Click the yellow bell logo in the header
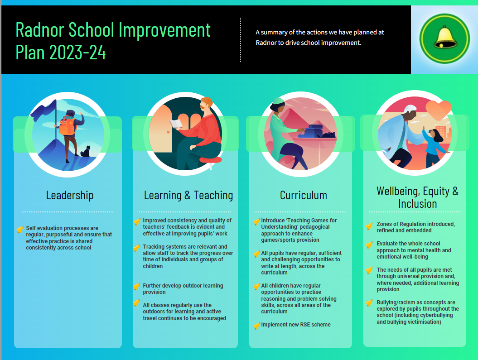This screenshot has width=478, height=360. coord(444,38)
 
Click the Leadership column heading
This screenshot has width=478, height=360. coord(70,195)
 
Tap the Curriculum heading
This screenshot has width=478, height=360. coord(303,195)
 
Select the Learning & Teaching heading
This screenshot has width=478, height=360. coord(188,195)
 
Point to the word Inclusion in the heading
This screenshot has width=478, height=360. coord(418,204)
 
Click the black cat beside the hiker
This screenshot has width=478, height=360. coord(86,151)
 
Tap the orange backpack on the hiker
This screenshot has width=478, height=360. coord(67,125)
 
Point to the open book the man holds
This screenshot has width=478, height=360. coord(176,124)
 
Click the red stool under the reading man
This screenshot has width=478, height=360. coord(211,160)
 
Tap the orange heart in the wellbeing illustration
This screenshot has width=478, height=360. coord(439,110)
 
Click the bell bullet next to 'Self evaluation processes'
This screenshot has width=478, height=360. coord(20,229)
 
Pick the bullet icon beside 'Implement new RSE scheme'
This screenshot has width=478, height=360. coord(257,326)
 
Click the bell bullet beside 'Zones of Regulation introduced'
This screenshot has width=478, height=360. coord(369,226)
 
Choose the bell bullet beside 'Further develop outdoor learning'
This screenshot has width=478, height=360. coord(136,287)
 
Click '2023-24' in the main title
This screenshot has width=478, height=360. coord(77,53)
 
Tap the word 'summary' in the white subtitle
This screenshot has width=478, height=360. coord(274,33)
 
